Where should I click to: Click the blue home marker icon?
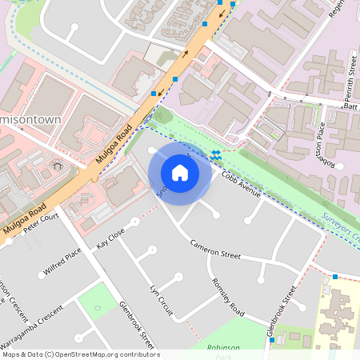[x=179, y=173]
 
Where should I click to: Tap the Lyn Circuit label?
[x=162, y=298]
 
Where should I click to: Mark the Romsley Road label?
[x=228, y=295]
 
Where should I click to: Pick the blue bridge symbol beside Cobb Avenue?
[x=216, y=154]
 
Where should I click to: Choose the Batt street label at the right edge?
[x=350, y=106]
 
